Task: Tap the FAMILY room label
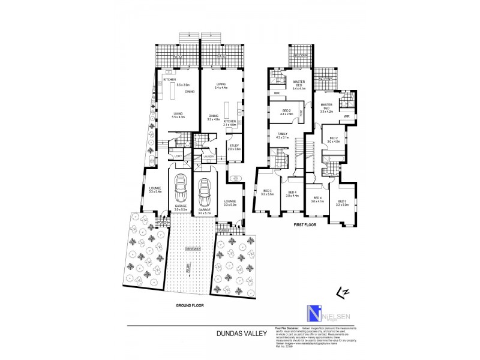coord(283,134)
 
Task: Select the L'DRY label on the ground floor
coord(178,157)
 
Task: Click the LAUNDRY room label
coord(208,157)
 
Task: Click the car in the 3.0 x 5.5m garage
coord(179,191)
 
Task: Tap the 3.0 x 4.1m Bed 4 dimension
coord(317,201)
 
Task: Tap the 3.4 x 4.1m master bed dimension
coord(299,89)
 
